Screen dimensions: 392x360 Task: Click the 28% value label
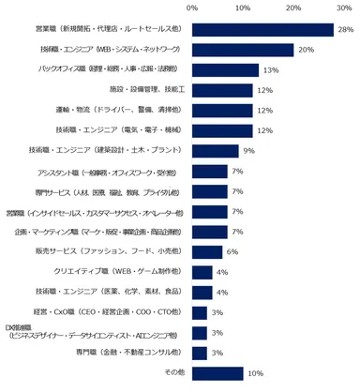coord(344,30)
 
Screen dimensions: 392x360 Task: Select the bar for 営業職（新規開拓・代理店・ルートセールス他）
coord(262,30)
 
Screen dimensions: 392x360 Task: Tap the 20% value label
coord(305,50)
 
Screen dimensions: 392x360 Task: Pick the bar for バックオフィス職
coord(225,69)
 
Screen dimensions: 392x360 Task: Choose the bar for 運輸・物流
coord(222,110)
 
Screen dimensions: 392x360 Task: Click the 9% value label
coord(247,150)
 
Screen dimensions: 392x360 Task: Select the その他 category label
coord(174,372)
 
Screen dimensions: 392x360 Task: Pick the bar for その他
coord(217,372)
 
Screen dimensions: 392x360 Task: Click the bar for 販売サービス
coord(207,251)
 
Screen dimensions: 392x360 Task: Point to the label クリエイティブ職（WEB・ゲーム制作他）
coord(121,272)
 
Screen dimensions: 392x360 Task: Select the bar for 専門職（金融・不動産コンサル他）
coord(200,353)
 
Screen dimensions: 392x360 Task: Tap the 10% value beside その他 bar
coord(254,372)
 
